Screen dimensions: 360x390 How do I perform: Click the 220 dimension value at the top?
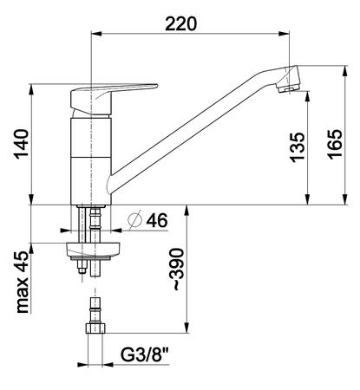coord(180,23)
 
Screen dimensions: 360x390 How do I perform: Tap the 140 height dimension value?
coord(23,144)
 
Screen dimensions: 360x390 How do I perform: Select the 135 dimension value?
coord(298,147)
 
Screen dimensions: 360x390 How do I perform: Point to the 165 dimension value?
coord(335,144)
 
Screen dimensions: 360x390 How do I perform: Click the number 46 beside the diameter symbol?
coord(157,221)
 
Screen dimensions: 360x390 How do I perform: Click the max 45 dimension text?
coord(23,283)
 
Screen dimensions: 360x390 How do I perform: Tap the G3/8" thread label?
coord(145,354)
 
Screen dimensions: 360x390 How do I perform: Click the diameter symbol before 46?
coord(134,220)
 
